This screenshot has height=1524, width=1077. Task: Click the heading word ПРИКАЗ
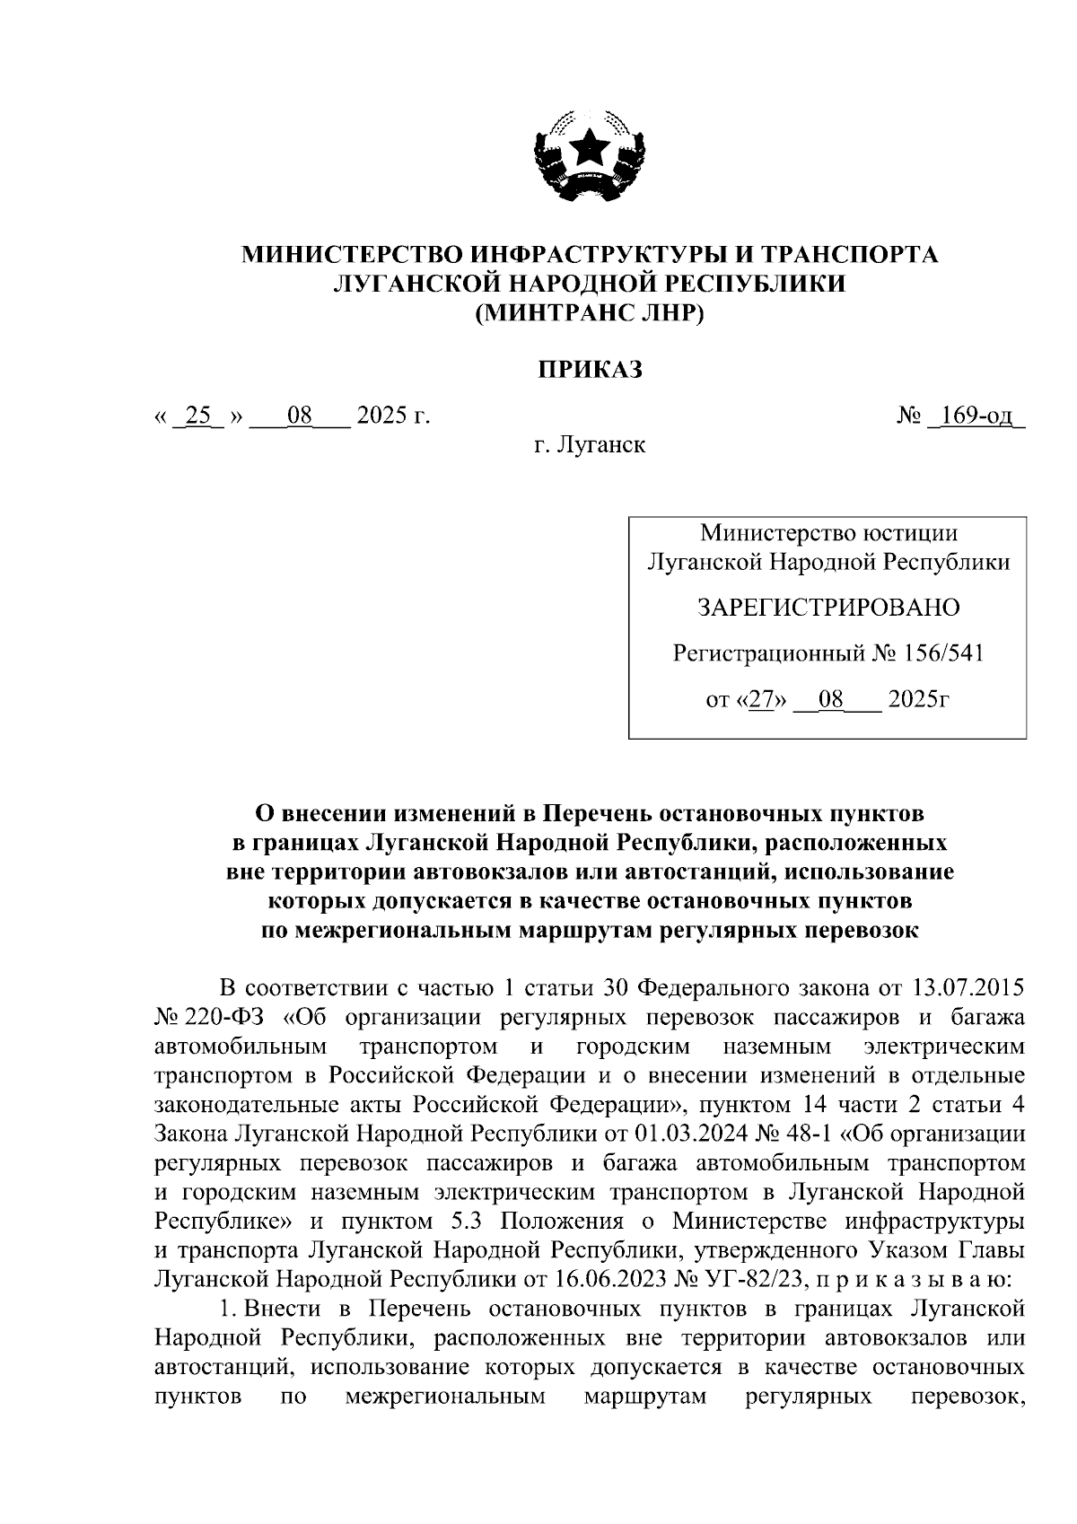click(x=590, y=369)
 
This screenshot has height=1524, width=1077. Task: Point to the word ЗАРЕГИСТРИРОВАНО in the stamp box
click(x=827, y=608)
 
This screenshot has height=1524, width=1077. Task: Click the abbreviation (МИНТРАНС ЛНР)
click(x=590, y=312)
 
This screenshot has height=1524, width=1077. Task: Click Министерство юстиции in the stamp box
click(x=827, y=533)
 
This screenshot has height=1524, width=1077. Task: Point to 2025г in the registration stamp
click(x=917, y=699)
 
